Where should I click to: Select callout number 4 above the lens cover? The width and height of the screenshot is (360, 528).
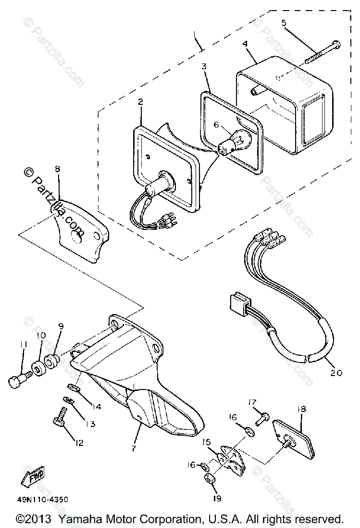point(245,44)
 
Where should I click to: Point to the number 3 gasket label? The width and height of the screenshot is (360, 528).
point(204,67)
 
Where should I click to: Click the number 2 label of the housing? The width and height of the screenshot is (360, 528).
point(140,102)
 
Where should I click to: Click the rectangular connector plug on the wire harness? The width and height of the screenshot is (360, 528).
point(237,304)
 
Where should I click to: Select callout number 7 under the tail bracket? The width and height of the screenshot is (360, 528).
point(133,448)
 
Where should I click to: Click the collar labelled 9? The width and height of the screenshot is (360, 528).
point(51,360)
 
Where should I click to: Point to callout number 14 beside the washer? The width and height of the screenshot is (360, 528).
point(97,406)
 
